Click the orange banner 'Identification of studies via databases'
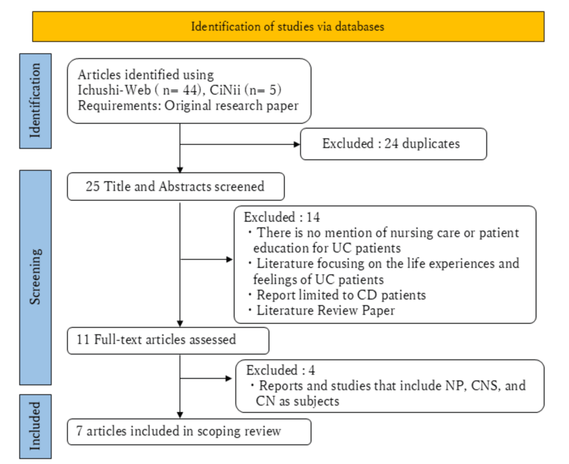[288, 27]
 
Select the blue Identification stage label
[35, 100]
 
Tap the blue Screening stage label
[35, 277]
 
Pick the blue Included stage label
[35, 426]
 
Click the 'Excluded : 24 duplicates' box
[393, 144]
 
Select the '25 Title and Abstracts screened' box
[175, 186]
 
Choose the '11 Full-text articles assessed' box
[168, 340]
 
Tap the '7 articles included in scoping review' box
[189, 431]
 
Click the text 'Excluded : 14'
[282, 218]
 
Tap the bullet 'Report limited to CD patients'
[340, 295]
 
